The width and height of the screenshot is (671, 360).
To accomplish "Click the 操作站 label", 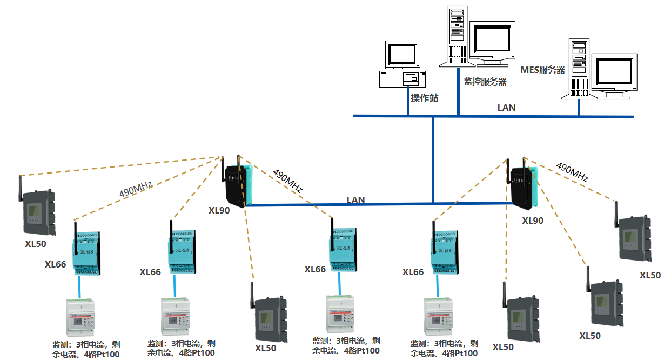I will click(424, 98).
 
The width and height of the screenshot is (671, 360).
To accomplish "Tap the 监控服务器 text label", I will click(485, 82).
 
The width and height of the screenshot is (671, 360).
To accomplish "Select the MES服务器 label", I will click(542, 70).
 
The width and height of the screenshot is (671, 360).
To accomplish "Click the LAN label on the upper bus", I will click(506, 108).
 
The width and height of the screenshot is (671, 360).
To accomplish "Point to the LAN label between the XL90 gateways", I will click(355, 200).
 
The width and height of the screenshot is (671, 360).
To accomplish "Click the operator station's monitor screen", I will click(402, 55).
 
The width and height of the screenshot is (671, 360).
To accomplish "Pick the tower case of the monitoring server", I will click(457, 35).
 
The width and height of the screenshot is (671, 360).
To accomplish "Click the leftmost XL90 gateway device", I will click(238, 184).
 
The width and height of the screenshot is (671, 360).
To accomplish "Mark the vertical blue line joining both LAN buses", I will click(433, 159).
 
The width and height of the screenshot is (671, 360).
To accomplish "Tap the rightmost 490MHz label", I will click(572, 172).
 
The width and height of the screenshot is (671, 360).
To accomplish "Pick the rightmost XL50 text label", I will click(650, 275).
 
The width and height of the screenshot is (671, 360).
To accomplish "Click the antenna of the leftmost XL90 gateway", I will click(223, 169).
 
